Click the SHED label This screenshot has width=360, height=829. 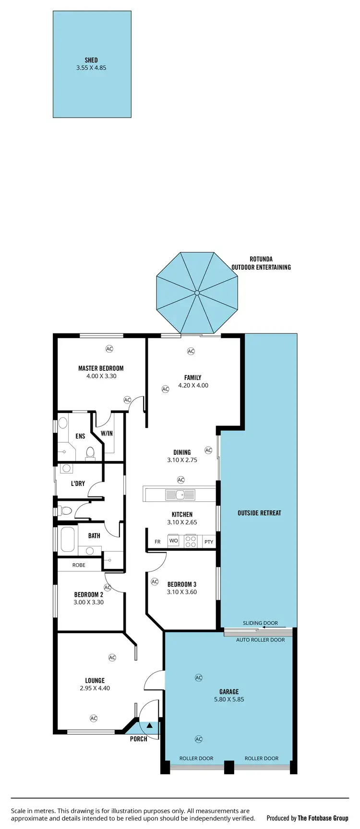(x=91, y=60)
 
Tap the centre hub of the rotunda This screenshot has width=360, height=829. (x=197, y=293)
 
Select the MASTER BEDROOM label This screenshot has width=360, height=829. (x=101, y=368)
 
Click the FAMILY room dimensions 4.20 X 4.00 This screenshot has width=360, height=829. (x=193, y=385)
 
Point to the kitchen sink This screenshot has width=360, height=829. (x=180, y=495)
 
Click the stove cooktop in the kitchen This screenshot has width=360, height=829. (x=191, y=541)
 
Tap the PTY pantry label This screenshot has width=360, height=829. (x=208, y=542)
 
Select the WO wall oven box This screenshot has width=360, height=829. (x=173, y=541)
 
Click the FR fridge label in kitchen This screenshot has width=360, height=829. (x=157, y=542)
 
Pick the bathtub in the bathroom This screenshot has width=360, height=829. (x=67, y=539)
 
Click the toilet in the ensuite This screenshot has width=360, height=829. (x=90, y=452)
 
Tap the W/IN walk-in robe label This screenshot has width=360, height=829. (x=107, y=433)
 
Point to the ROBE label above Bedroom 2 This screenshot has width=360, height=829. (x=79, y=565)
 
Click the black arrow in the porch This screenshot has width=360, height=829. (x=150, y=725)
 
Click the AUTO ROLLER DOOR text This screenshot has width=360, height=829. (x=260, y=640)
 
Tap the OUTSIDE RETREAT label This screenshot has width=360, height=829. (x=259, y=513)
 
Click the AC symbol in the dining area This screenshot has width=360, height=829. (x=208, y=450)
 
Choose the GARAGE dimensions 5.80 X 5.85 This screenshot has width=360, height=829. (x=229, y=699)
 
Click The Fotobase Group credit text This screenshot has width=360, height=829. (x=323, y=818)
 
